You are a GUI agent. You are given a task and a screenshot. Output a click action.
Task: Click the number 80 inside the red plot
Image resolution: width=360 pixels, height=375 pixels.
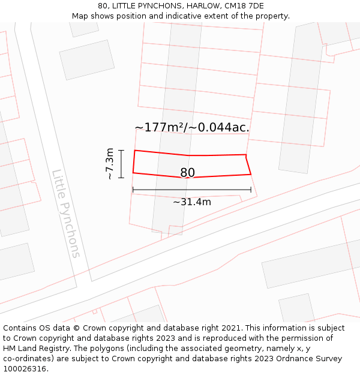(187, 173)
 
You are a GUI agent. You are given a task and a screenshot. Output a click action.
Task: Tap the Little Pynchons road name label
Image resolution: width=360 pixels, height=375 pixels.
(66, 214)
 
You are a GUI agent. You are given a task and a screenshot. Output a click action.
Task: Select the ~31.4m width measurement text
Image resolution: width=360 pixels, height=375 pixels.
(192, 202)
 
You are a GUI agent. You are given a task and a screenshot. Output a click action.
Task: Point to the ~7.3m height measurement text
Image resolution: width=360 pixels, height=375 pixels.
(110, 164)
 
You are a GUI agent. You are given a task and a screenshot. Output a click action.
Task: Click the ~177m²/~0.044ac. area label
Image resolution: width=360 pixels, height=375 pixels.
(192, 127)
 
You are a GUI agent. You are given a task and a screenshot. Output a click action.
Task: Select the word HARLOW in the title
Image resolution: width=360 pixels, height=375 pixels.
(202, 6)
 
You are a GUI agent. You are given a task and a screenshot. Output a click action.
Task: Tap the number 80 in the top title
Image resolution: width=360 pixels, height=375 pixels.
(103, 6)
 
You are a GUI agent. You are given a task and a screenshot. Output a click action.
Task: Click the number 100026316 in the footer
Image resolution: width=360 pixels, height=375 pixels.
(24, 369)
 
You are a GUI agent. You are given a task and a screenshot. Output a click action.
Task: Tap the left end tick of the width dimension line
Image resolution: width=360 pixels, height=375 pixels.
(133, 190)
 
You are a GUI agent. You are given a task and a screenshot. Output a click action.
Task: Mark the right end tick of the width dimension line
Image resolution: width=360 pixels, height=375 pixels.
(251, 190)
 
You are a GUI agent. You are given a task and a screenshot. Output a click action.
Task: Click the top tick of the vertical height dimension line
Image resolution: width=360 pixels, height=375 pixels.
(121, 151)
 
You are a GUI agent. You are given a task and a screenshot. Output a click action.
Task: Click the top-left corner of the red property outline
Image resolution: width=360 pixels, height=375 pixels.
(134, 151)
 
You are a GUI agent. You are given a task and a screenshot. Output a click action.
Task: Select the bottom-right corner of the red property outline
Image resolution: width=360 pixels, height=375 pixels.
(251, 174)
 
